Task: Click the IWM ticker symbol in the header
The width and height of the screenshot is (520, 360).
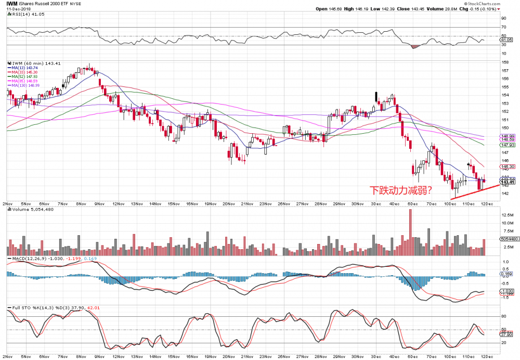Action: click(11, 3)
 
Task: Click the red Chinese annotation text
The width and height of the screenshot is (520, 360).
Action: click(399, 190)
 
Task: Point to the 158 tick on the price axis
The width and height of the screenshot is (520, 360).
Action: click(503, 62)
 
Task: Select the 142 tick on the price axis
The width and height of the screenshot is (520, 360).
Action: click(503, 194)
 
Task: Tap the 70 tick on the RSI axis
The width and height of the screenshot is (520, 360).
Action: click(503, 27)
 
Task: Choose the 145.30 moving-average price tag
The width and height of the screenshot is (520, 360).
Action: click(507, 166)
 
